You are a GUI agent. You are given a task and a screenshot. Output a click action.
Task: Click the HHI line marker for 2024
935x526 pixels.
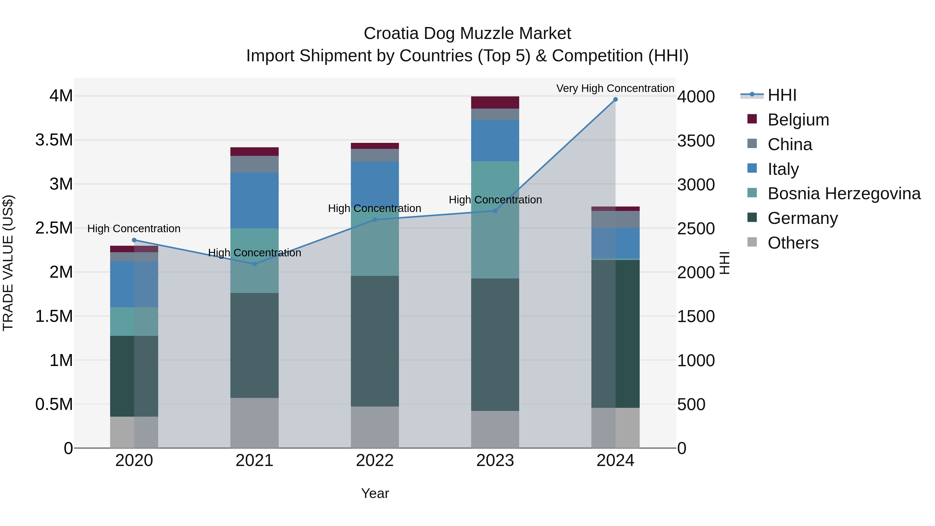[x=615, y=99]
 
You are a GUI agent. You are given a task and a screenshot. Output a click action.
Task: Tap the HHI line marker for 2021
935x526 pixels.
[x=255, y=264]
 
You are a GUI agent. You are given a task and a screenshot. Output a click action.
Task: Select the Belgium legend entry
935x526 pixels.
[x=798, y=120]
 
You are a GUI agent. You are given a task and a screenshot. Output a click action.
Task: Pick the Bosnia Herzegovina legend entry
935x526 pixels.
[x=844, y=194]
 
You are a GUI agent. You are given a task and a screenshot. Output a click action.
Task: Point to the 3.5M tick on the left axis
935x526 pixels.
[x=54, y=140]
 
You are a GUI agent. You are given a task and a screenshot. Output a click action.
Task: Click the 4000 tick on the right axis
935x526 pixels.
[x=696, y=97]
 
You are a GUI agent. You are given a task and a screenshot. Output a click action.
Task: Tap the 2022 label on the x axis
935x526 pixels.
[x=375, y=461]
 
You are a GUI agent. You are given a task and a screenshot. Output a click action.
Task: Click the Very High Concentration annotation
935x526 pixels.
[x=615, y=88]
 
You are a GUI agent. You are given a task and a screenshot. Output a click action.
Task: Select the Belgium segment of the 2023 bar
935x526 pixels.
[x=495, y=102]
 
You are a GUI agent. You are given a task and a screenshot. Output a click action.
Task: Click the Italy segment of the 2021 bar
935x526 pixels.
[x=255, y=200]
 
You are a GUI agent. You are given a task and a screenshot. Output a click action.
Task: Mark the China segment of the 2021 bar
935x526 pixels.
[x=255, y=164]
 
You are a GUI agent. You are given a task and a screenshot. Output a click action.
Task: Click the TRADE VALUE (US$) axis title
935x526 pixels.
[x=8, y=263]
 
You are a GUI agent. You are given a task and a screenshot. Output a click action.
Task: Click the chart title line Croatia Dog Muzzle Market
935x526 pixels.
[x=467, y=34]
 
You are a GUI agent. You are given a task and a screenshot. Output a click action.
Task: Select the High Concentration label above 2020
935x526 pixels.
[x=134, y=229]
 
